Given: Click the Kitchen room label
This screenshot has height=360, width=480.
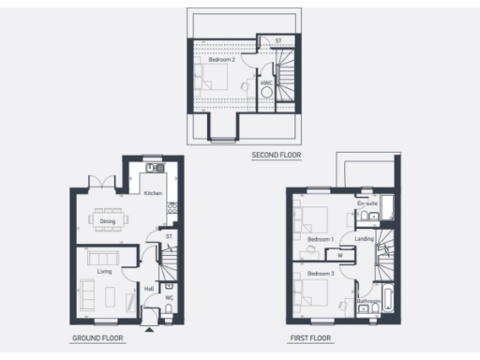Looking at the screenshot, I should (x=153, y=192).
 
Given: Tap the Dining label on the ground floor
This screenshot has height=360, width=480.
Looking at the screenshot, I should (x=108, y=221).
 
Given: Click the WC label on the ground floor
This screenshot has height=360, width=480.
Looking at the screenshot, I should (x=170, y=298).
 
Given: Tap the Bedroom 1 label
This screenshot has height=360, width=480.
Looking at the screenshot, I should (x=321, y=239).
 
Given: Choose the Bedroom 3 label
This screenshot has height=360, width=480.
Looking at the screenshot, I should (x=321, y=273).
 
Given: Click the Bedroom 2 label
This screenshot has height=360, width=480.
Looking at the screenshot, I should (x=221, y=59).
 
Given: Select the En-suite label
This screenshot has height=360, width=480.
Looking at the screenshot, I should (x=367, y=202).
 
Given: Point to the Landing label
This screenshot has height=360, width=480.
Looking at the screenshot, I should (x=365, y=238).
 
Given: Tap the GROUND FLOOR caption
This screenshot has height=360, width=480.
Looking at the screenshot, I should (x=97, y=337).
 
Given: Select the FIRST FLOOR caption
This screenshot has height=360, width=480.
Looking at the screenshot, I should (x=310, y=337).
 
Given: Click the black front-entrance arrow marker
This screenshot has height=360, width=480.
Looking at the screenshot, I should (x=150, y=327).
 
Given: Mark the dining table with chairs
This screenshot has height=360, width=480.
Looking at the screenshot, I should (x=108, y=222).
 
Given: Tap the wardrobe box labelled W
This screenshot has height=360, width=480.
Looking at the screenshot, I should (x=339, y=253).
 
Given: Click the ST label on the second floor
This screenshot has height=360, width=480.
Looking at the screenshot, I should (x=277, y=41).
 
